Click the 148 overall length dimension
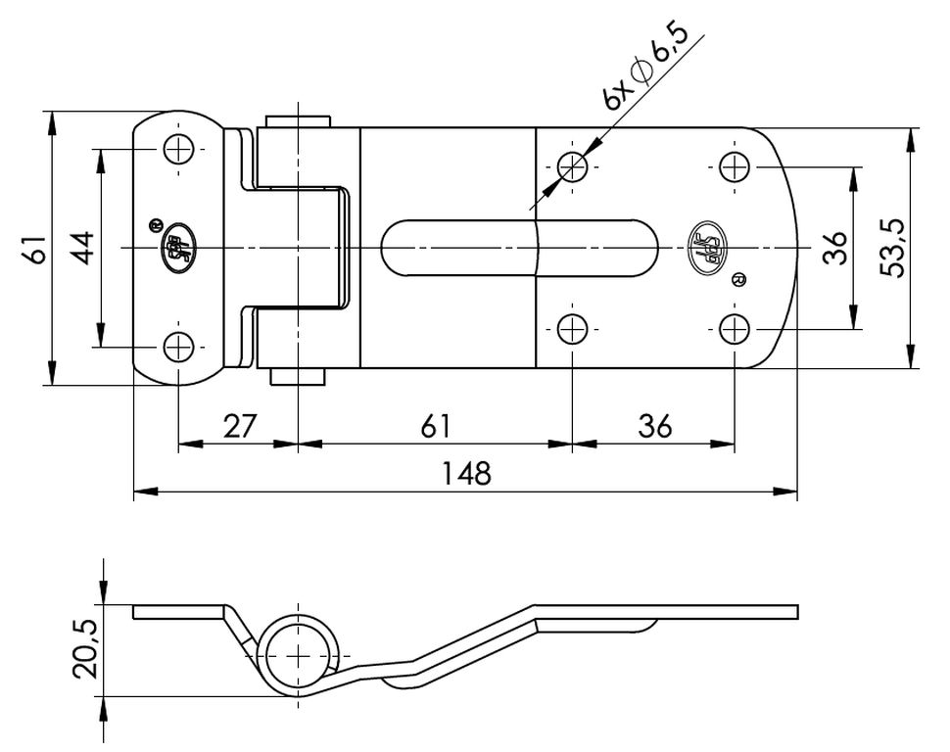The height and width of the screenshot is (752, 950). (x=466, y=474)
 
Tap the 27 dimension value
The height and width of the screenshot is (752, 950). (x=240, y=426)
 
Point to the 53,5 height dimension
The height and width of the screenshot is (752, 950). (x=892, y=247)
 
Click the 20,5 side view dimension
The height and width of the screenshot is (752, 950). (x=85, y=648)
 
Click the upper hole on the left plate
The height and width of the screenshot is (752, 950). (x=178, y=149)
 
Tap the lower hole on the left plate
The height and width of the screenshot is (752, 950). (x=178, y=348)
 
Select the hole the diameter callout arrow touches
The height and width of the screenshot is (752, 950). (x=572, y=165)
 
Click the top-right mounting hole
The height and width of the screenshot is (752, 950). (x=735, y=166)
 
